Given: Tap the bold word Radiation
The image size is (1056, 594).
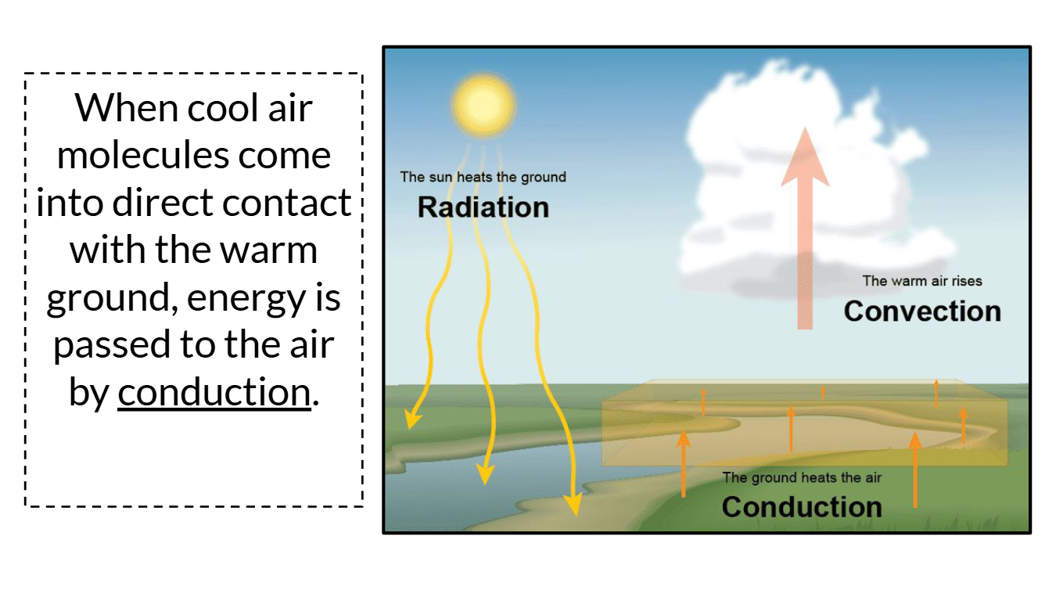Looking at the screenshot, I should click(x=483, y=207).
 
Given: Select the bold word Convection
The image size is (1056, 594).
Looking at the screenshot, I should click(x=922, y=311).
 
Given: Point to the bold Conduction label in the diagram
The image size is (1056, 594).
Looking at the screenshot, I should click(x=802, y=506).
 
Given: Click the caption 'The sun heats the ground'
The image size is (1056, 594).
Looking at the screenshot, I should click(x=483, y=177).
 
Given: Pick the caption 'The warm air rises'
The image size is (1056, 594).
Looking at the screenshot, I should click(x=922, y=281).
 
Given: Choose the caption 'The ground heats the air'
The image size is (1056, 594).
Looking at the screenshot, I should click(x=802, y=477).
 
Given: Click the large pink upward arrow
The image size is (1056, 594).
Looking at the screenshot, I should click(x=805, y=227).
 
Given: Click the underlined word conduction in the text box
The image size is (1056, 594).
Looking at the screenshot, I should click(x=214, y=392).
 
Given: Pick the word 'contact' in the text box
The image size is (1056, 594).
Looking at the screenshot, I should click(x=286, y=203).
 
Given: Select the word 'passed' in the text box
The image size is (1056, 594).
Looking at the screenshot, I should click(x=102, y=346).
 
